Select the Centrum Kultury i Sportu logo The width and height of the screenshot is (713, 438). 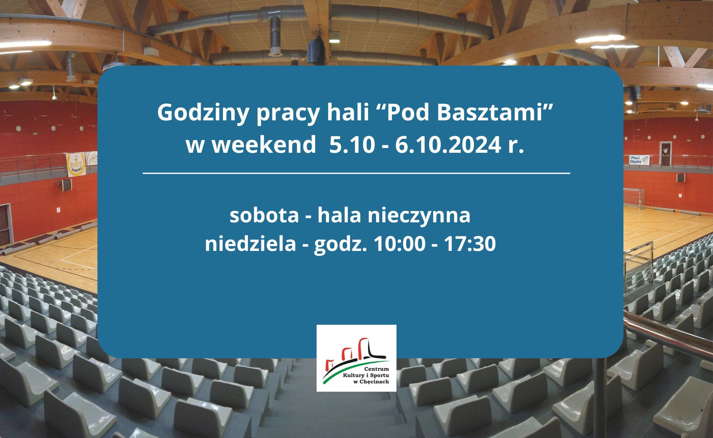point(356,358)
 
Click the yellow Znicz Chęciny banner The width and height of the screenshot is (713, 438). point(76,165)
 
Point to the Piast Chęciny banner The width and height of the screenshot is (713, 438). point(640,159)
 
